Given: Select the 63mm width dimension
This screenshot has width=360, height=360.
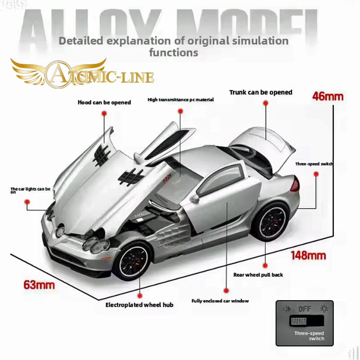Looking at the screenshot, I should click(x=39, y=284).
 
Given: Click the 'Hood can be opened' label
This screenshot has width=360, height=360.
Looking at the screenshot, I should click(x=104, y=102).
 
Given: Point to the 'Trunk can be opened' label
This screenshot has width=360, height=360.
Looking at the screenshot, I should click(x=261, y=92).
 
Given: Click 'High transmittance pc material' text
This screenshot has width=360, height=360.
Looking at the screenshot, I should click(x=180, y=99).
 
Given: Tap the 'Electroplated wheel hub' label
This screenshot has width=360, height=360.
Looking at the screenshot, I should click(x=139, y=305).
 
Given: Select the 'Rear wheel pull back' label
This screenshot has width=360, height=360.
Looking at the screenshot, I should click(x=258, y=274).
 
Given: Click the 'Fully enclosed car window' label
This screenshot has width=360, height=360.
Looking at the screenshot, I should click(x=220, y=301).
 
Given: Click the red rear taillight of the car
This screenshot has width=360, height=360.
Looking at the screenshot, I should click(x=296, y=184).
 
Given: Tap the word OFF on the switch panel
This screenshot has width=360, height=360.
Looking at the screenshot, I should click(x=305, y=309).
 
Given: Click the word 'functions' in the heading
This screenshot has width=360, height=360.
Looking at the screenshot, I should click(x=173, y=52).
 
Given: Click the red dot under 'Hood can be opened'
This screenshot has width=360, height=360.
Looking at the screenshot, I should click(x=104, y=114).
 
